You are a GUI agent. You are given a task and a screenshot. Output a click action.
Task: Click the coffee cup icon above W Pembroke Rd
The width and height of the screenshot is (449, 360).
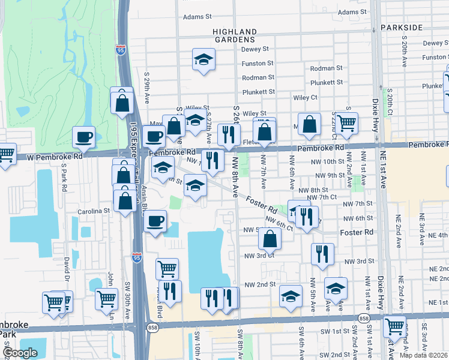[84, 137]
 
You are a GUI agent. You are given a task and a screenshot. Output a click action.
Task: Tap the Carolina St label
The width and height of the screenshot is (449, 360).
[94, 211]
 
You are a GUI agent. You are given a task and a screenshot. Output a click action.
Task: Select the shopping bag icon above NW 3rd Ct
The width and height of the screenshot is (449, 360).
[270, 239]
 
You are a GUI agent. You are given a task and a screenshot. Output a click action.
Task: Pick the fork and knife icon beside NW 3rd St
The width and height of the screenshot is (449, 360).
[323, 254]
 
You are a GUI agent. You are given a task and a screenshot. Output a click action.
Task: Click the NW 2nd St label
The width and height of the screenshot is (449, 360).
[260, 284]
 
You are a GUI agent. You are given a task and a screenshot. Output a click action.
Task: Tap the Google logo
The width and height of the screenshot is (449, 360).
[20, 353]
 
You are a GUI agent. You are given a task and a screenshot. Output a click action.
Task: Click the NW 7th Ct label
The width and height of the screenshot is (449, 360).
[322, 197]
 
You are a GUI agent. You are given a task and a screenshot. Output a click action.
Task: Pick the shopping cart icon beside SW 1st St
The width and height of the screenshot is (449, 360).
[394, 326]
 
